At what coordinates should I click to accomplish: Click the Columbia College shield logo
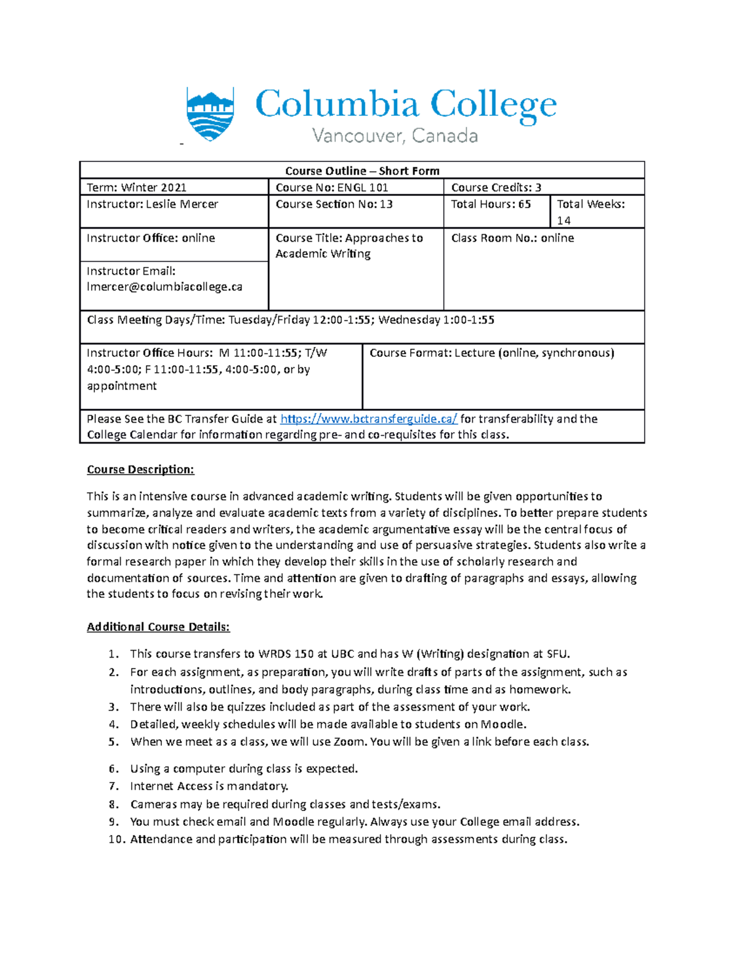coord(210,113)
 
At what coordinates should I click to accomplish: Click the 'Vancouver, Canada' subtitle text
coord(395,136)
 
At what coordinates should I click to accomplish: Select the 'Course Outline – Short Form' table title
coord(362,171)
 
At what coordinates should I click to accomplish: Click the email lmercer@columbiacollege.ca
coord(164,287)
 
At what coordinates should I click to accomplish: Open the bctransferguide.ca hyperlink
coord(369,419)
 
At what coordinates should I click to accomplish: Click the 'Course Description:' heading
coord(140,470)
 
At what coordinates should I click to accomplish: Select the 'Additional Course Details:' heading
coord(158,627)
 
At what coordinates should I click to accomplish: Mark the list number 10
coord(116,839)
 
